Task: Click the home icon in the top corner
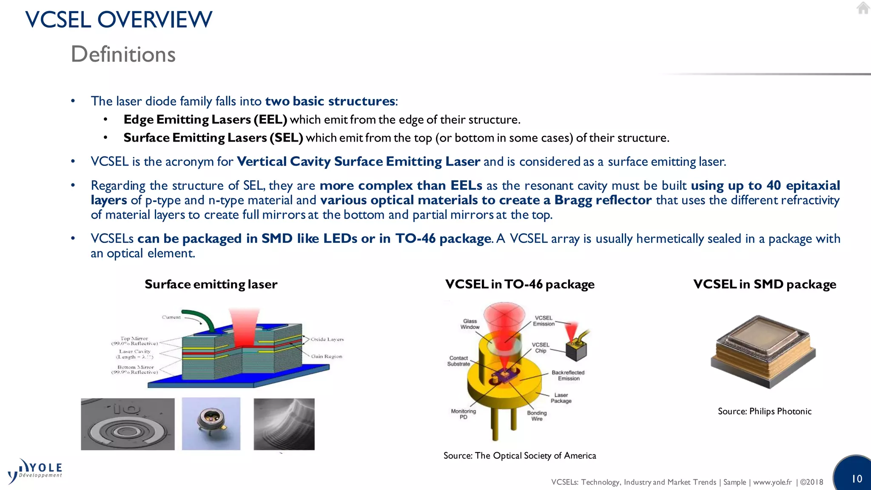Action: tap(863, 8)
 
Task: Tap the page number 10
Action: tap(857, 479)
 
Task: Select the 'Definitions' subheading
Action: tap(123, 54)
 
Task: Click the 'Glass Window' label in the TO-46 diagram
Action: tap(470, 324)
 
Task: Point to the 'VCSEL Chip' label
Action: tap(541, 348)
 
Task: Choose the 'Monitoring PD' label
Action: tap(463, 414)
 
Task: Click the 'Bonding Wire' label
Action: tap(537, 416)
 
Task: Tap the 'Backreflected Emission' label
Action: tap(568, 376)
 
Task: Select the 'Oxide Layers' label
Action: tap(327, 339)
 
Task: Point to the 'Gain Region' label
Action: tap(326, 356)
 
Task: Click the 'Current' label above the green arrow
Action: tap(171, 317)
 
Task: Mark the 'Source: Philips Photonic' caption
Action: tap(764, 411)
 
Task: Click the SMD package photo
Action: tap(763, 352)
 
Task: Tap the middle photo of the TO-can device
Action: tap(211, 424)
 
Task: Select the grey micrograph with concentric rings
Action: tap(128, 424)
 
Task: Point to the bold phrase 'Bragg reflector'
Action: tap(603, 200)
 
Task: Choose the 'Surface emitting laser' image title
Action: tap(211, 284)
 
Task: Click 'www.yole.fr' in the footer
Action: tap(772, 482)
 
